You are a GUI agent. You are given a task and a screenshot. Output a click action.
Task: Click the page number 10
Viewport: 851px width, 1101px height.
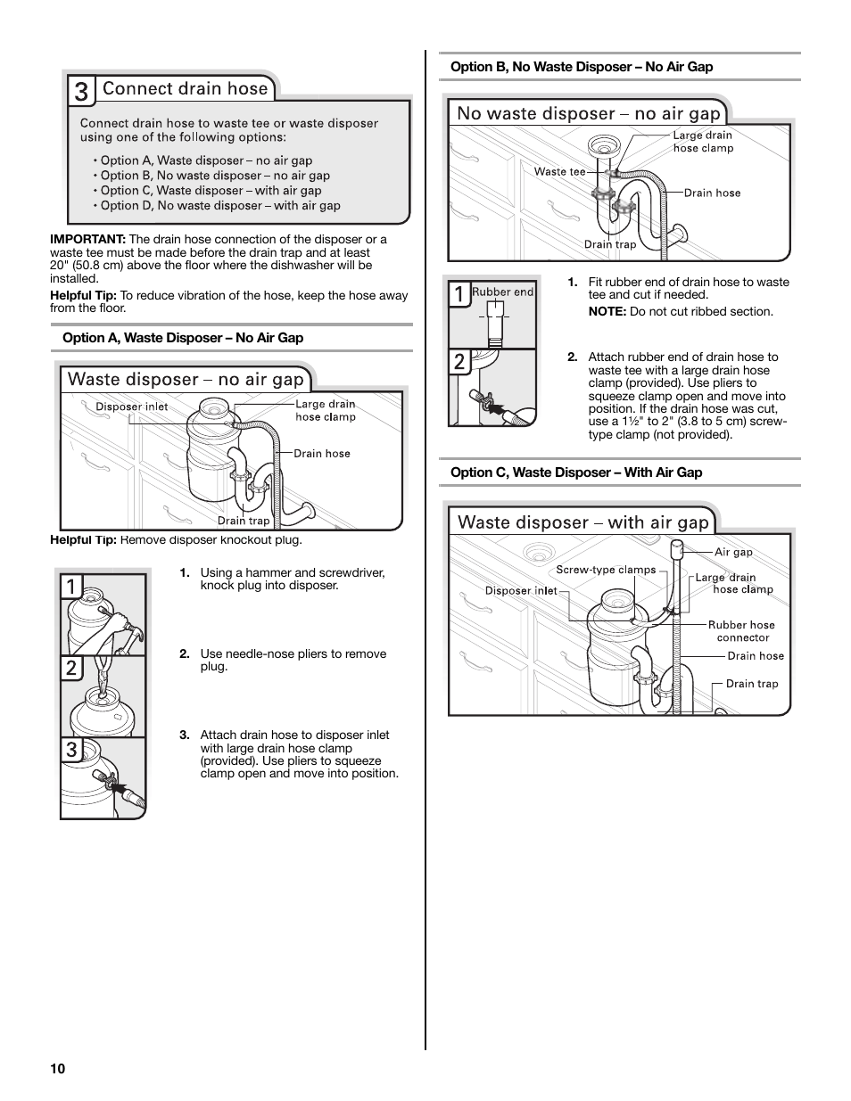tap(57, 1070)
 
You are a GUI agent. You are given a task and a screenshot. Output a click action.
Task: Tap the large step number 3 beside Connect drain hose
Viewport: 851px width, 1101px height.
tap(81, 91)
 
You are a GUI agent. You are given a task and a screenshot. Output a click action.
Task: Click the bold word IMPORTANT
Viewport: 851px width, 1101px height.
tap(87, 240)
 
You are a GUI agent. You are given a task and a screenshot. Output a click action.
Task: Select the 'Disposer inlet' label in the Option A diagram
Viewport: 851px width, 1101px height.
tap(132, 407)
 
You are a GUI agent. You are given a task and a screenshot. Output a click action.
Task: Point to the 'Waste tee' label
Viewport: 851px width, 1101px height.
tap(559, 172)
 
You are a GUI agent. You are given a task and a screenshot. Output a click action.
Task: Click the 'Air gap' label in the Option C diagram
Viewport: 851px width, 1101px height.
tap(733, 553)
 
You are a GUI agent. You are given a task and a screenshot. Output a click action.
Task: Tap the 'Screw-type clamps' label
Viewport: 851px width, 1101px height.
tap(606, 571)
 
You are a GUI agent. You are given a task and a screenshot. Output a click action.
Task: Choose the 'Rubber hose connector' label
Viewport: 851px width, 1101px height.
tap(742, 631)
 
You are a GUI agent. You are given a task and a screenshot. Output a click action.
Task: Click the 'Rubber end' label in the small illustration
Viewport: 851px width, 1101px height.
tap(503, 292)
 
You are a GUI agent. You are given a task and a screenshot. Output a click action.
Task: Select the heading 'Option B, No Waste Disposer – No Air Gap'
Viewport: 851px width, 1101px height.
tap(582, 67)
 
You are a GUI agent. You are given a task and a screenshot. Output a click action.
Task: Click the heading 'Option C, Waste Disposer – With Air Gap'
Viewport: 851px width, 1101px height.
tap(576, 472)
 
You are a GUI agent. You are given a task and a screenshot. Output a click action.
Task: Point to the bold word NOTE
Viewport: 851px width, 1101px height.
tap(607, 312)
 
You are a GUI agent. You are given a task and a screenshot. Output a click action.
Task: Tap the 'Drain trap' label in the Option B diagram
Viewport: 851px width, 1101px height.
tap(610, 244)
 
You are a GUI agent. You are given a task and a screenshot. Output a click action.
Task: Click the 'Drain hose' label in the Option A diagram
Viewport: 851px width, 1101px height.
tap(322, 454)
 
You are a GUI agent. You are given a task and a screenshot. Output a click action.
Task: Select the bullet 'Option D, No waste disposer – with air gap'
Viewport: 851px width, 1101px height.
tap(220, 206)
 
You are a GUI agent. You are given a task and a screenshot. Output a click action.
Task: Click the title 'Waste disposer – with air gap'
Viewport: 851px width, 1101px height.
tap(582, 522)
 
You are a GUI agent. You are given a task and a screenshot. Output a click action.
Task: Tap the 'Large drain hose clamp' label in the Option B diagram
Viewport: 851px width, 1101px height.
tap(703, 142)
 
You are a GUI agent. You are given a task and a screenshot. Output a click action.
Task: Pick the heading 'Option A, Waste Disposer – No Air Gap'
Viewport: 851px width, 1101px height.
tap(183, 338)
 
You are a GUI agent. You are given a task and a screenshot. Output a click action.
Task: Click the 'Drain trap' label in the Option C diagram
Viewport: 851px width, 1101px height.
tap(752, 685)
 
